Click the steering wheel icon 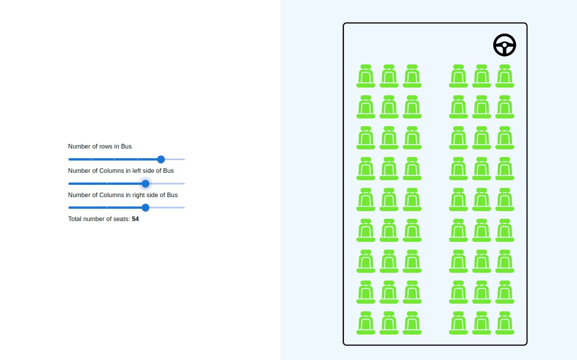click(x=504, y=45)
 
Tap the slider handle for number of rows click(x=161, y=159)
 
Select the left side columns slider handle click(x=145, y=184)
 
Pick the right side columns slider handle click(x=145, y=208)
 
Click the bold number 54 click(x=135, y=219)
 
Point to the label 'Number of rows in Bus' click(x=100, y=146)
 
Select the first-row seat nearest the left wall click(x=366, y=76)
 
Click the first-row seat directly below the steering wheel click(x=504, y=76)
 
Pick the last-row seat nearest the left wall click(x=366, y=323)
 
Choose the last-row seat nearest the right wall click(x=504, y=323)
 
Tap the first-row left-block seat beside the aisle click(x=412, y=76)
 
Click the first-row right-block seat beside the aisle click(x=458, y=76)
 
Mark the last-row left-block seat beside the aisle click(x=412, y=323)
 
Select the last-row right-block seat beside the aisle click(x=458, y=323)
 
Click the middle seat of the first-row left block click(x=389, y=76)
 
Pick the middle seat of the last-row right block click(x=481, y=323)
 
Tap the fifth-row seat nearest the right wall click(x=504, y=199)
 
